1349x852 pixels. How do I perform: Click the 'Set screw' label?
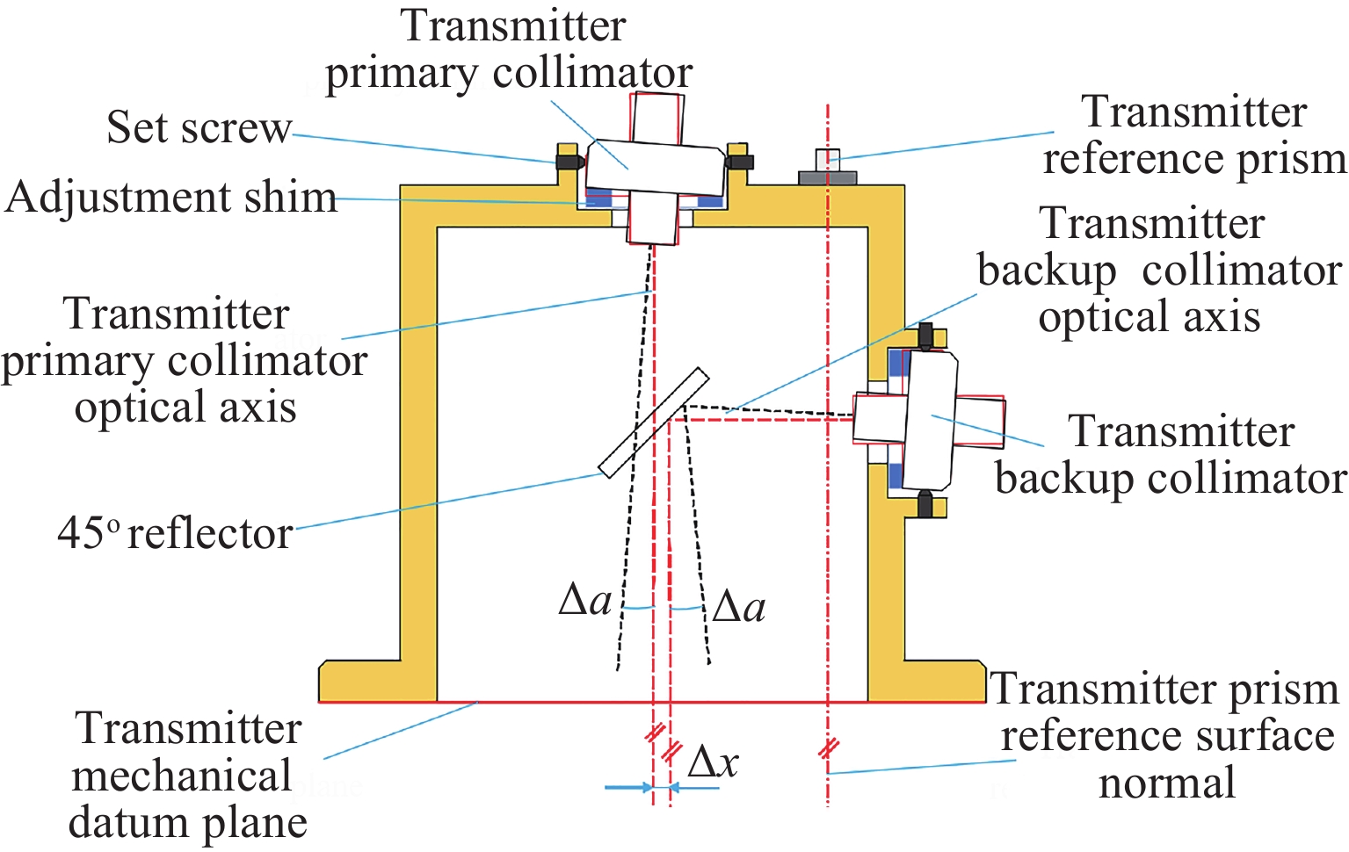tap(198, 128)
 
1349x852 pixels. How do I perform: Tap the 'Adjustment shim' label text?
tap(171, 198)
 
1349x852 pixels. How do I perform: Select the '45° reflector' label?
tap(175, 533)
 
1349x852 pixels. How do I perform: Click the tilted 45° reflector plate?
tap(653, 422)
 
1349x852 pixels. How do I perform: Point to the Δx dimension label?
tap(713, 762)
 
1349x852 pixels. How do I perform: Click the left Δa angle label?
tap(585, 601)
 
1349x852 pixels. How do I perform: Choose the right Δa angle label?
tap(739, 607)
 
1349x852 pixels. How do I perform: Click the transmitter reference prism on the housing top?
tap(827, 160)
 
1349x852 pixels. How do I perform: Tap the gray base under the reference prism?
tap(827, 177)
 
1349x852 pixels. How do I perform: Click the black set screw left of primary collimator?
tap(569, 162)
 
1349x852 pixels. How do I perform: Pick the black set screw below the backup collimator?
tap(925, 505)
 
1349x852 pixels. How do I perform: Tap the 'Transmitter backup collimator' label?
tap(1171, 455)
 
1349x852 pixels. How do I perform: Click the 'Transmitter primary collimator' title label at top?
tap(511, 49)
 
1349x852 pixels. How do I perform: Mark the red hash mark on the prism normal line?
tap(828, 749)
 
